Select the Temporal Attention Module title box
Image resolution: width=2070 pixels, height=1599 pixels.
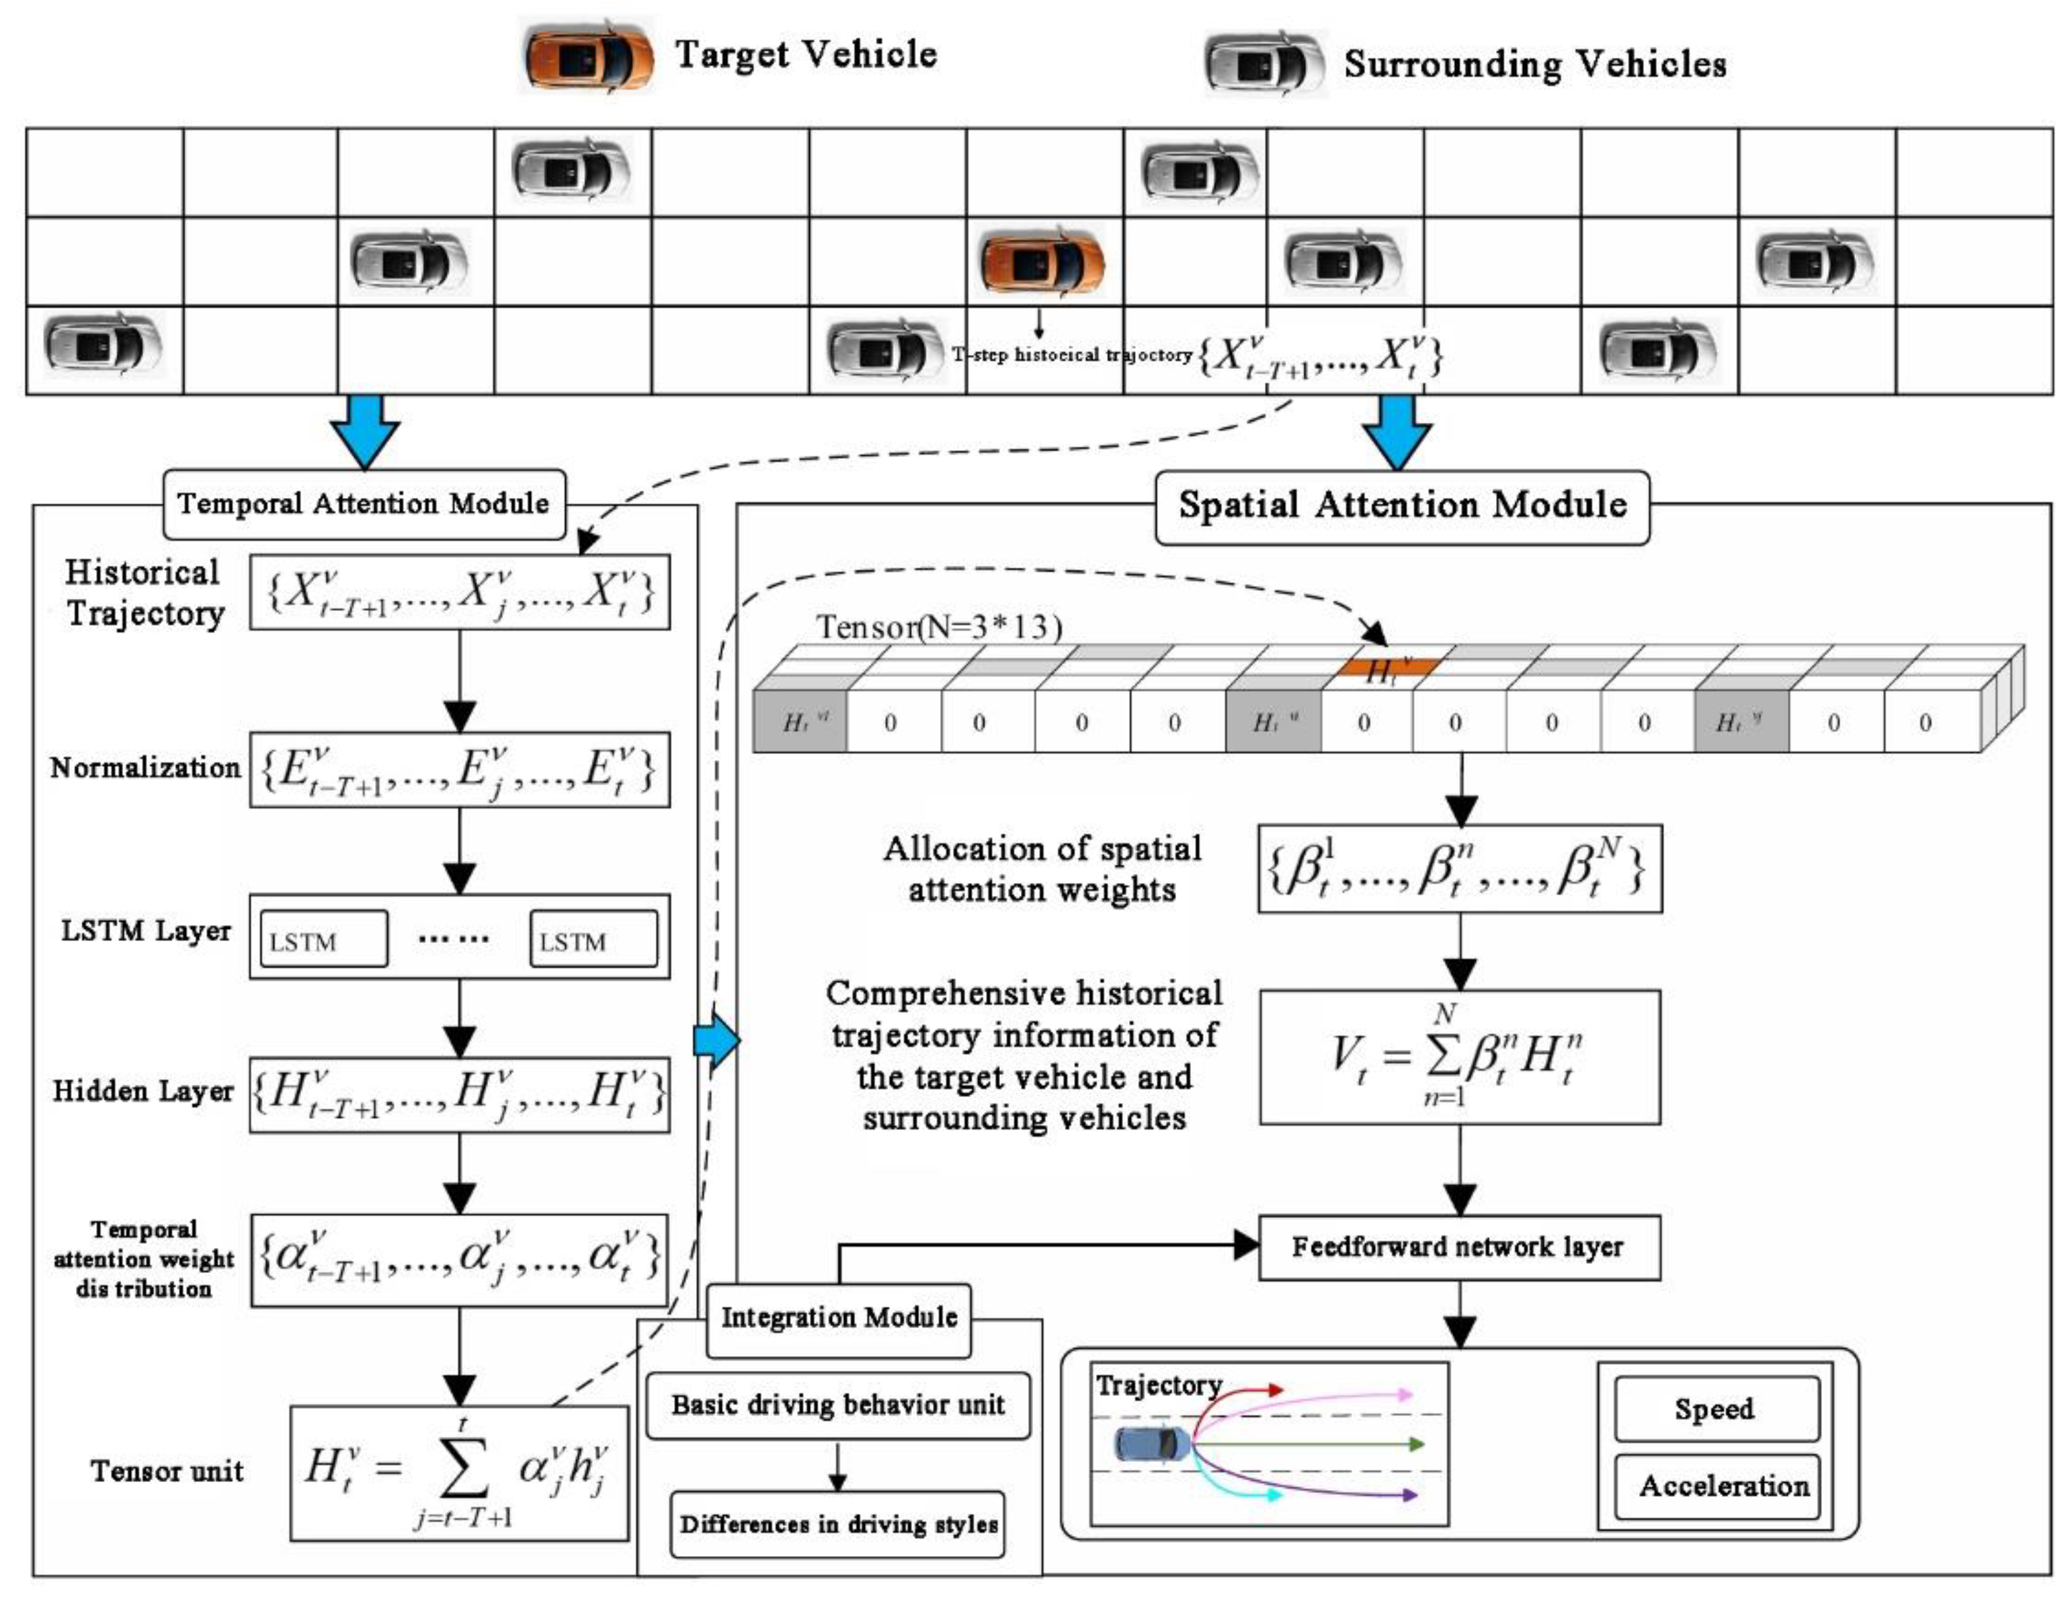[364, 504]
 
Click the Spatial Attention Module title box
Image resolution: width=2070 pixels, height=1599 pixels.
[1402, 506]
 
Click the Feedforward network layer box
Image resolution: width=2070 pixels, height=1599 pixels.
[1458, 1247]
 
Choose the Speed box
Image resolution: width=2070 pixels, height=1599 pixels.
[1716, 1409]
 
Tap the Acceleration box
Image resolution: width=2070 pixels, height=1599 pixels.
[1716, 1486]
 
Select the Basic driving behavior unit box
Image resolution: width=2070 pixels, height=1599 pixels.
[838, 1405]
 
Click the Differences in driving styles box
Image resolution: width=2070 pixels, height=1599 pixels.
[838, 1524]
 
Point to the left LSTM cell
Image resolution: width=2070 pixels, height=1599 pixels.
[323, 940]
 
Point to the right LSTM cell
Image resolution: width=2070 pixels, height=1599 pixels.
[593, 940]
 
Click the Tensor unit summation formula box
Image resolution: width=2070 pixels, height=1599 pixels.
[459, 1471]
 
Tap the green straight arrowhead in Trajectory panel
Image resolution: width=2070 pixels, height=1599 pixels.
[1417, 1444]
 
